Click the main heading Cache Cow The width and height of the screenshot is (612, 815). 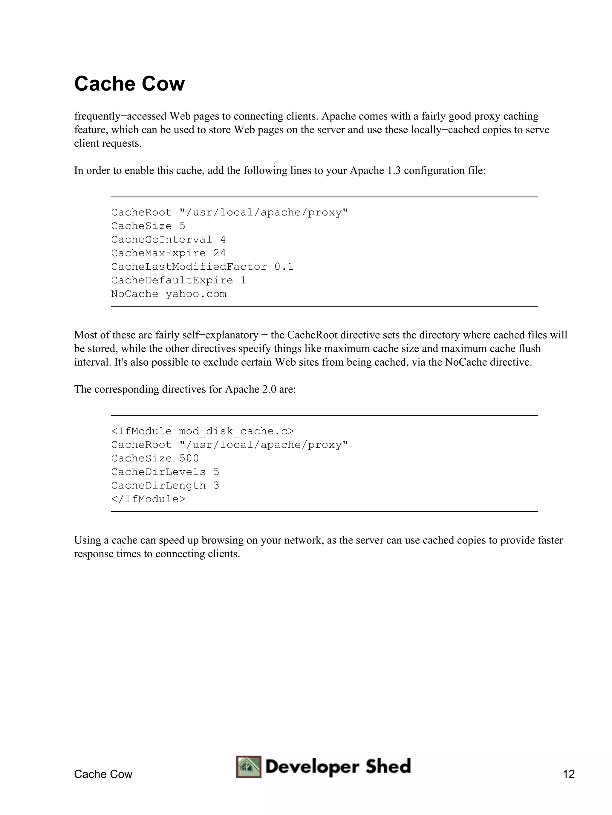[x=129, y=84]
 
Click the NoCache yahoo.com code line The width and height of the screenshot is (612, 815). [x=169, y=294]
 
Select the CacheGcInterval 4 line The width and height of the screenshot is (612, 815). [x=168, y=239]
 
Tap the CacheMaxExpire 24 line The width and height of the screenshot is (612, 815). [x=168, y=253]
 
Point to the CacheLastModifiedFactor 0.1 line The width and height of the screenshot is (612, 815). [x=202, y=267]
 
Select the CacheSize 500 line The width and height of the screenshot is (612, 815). [x=155, y=458]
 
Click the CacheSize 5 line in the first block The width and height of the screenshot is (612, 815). [x=148, y=226]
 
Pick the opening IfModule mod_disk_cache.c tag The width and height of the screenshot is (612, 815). [x=203, y=431]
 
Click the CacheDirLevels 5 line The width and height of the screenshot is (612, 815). [x=165, y=472]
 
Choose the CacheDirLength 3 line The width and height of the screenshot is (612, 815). [x=165, y=486]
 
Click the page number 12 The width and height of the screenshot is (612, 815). [x=568, y=774]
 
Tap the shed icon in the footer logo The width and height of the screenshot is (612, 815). [x=249, y=767]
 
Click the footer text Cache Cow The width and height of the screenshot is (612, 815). [x=103, y=774]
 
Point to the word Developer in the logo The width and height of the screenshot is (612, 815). [x=312, y=767]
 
